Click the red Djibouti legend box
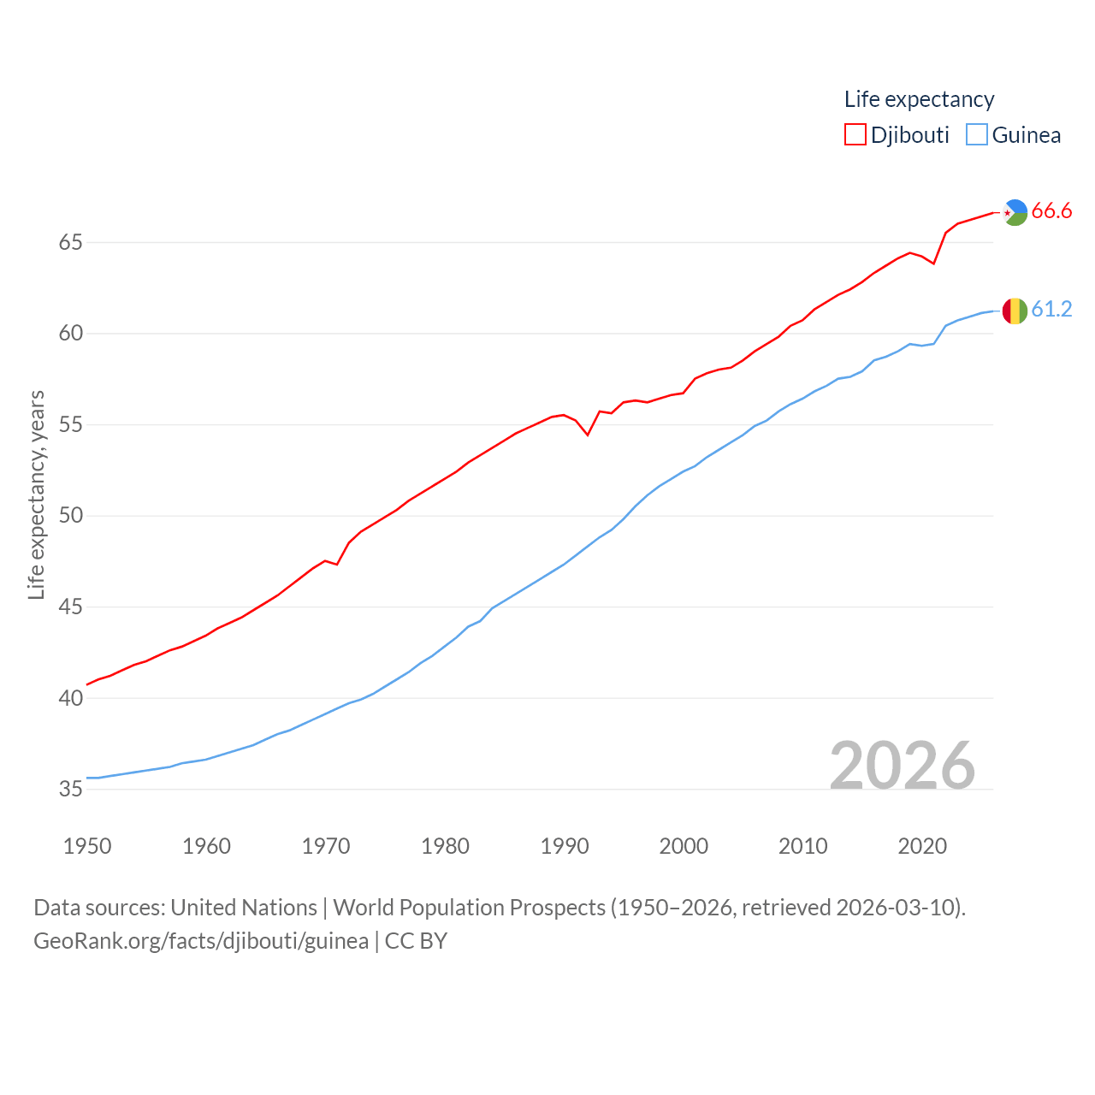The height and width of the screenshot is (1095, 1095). (855, 134)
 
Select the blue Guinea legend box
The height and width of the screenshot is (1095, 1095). (977, 134)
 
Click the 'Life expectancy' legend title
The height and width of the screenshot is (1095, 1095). (919, 99)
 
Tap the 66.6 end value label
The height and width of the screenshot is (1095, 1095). (1051, 210)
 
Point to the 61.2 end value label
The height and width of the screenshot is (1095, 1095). (1051, 309)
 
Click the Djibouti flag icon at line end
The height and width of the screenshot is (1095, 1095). (1015, 212)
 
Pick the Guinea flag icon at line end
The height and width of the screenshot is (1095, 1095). (1015, 311)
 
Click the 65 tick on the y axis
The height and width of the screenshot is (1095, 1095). (71, 243)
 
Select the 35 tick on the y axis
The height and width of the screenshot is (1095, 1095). (71, 789)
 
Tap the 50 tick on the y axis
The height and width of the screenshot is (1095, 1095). (71, 516)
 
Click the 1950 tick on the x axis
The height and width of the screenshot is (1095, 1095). (87, 846)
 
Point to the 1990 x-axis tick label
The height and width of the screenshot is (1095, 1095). (565, 846)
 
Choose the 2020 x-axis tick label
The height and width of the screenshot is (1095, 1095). (922, 846)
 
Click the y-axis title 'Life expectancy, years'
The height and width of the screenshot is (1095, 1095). (36, 494)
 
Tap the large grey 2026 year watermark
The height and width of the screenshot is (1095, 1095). (902, 765)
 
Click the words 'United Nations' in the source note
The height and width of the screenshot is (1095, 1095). (244, 907)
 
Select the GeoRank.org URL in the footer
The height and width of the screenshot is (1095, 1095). (201, 941)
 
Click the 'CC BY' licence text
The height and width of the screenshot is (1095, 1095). (416, 941)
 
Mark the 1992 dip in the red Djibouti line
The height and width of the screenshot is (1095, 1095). (588, 435)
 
